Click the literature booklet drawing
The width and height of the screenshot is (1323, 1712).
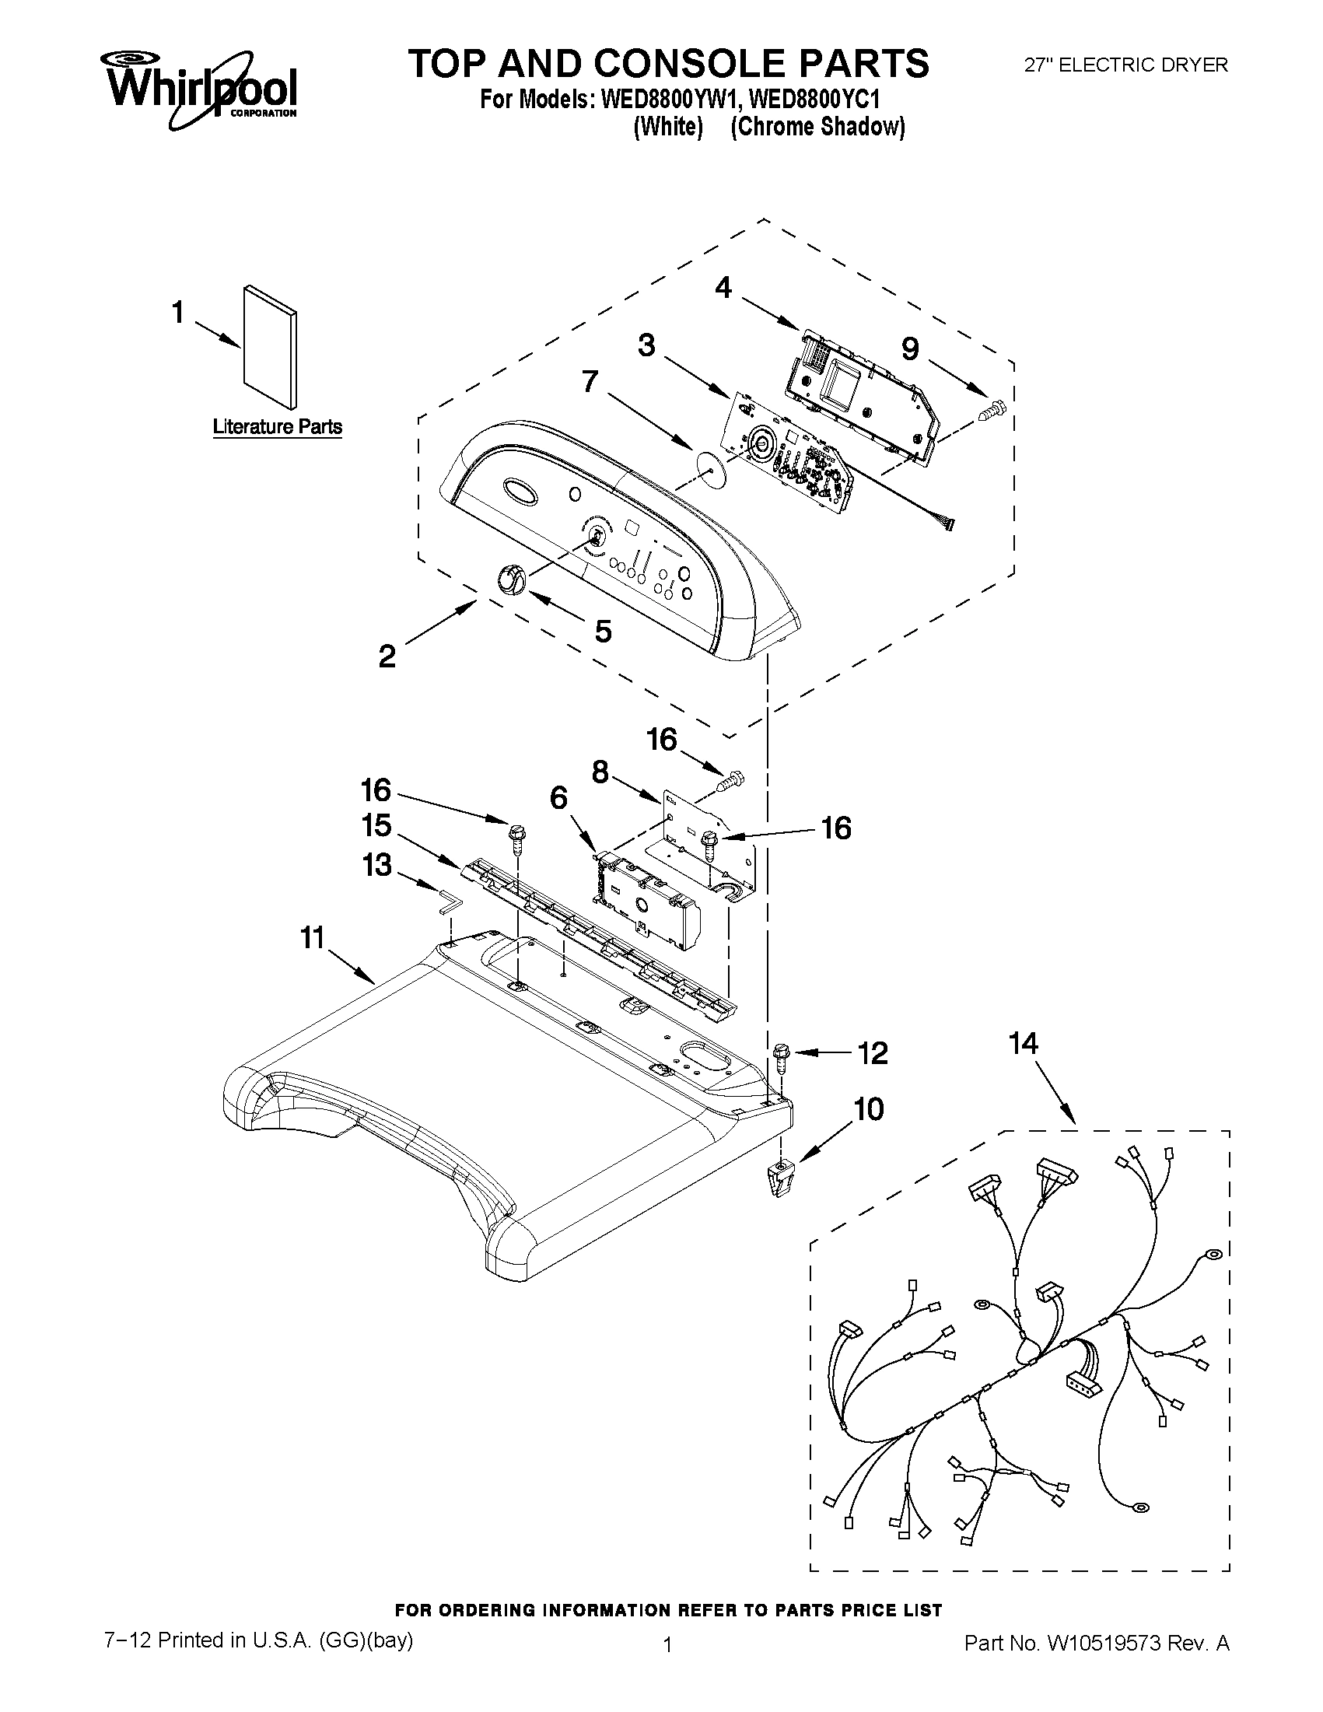coord(271,346)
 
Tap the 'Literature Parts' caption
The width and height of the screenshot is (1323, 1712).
coord(278,427)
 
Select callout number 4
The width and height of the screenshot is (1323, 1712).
coord(723,289)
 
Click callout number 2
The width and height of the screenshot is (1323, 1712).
coord(387,656)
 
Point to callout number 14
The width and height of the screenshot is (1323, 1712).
coord(1024,1043)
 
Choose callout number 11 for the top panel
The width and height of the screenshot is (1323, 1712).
coord(313,937)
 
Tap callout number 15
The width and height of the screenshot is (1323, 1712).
coord(376,825)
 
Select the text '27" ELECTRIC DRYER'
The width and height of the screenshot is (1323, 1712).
coord(1126,66)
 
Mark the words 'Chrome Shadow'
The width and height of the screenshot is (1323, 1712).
coord(817,126)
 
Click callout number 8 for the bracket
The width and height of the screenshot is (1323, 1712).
coord(600,772)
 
